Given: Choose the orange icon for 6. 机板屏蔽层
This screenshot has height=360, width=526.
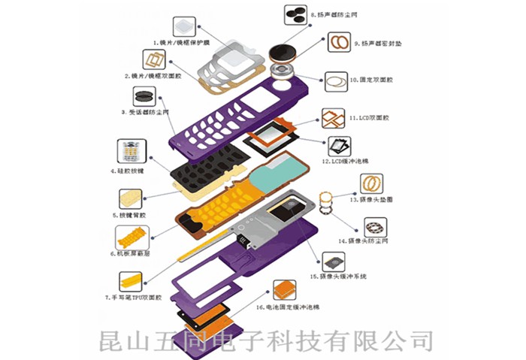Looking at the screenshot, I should pos(128,237).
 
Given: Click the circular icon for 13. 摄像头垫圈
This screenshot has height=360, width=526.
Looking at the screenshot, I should pos(372,183).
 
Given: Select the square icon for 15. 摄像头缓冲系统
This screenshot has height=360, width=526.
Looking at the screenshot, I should pos(333,263).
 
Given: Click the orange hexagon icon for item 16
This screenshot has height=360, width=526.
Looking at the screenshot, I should pos(284,291).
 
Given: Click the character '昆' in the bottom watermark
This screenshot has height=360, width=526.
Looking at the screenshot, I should pos(114,341).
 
